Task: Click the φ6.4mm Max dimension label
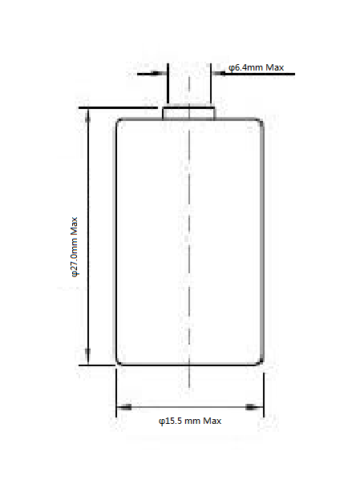click(x=256, y=67)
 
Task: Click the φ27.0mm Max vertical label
click(x=75, y=247)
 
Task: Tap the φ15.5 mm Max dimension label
click(x=190, y=421)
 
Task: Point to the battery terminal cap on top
click(x=188, y=113)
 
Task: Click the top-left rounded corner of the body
click(x=119, y=121)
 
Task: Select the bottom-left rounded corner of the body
click(x=119, y=363)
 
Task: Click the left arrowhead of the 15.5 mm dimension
click(x=124, y=407)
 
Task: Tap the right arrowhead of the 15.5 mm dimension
click(x=254, y=407)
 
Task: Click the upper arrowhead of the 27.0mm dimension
click(x=87, y=115)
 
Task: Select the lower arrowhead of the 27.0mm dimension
click(x=87, y=357)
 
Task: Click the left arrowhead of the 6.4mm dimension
click(x=160, y=74)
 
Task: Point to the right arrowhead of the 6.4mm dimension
click(x=219, y=74)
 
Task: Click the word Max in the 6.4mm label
click(x=274, y=67)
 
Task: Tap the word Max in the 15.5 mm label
click(x=212, y=421)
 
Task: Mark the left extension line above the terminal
click(x=168, y=83)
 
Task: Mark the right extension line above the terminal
click(x=211, y=83)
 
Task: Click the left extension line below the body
click(x=116, y=393)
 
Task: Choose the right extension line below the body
click(x=264, y=395)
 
